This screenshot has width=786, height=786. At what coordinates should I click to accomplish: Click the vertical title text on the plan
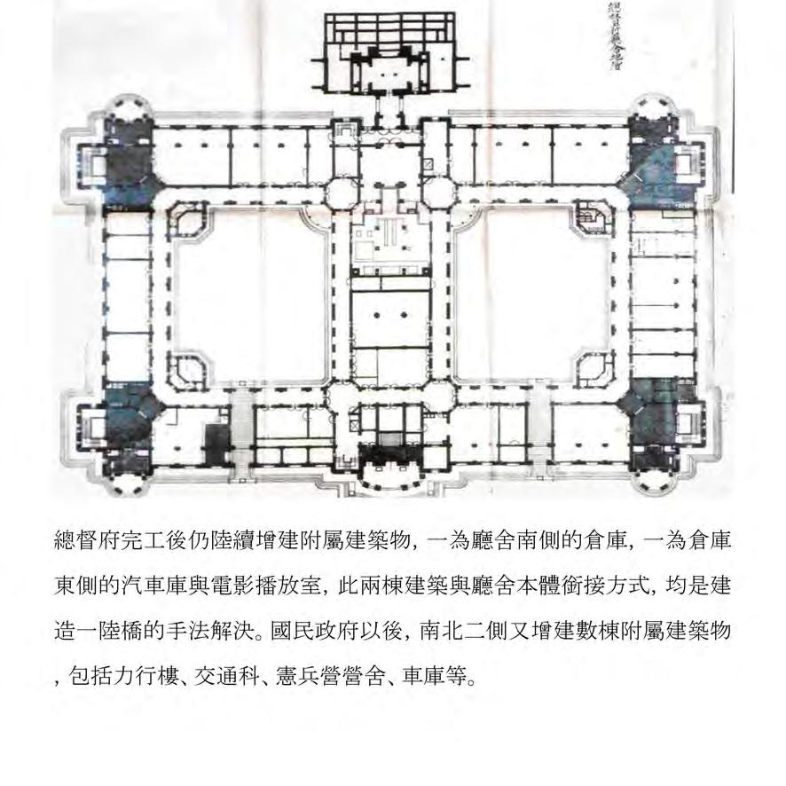pyautogui.click(x=613, y=35)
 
